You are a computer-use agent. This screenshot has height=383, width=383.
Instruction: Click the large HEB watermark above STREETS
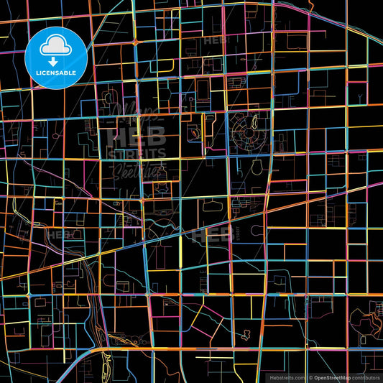pos(137,136)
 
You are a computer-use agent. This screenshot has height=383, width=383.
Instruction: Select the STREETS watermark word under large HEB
pos(137,152)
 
